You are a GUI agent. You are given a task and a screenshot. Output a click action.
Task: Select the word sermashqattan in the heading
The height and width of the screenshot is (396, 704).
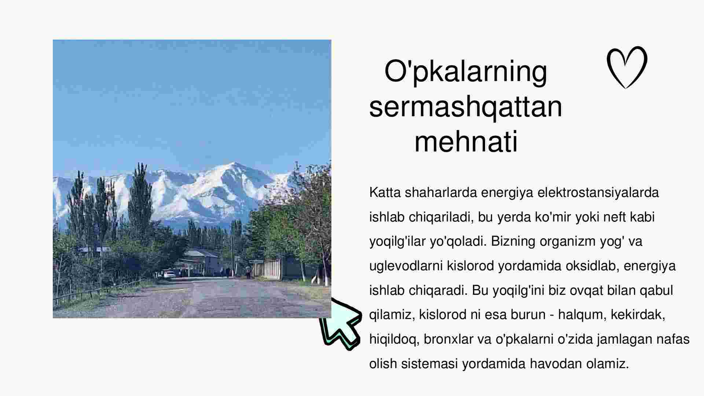click(466, 106)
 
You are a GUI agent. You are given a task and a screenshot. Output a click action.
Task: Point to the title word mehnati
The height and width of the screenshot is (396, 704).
click(466, 141)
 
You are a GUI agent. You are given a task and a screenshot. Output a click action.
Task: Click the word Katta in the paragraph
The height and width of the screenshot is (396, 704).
click(385, 192)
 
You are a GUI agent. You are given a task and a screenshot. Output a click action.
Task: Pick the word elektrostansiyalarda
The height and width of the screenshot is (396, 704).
click(598, 192)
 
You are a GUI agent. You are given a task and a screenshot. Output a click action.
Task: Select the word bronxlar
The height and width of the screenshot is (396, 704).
click(448, 339)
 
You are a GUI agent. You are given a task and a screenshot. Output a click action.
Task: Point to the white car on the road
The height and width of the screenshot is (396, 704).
click(170, 275)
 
